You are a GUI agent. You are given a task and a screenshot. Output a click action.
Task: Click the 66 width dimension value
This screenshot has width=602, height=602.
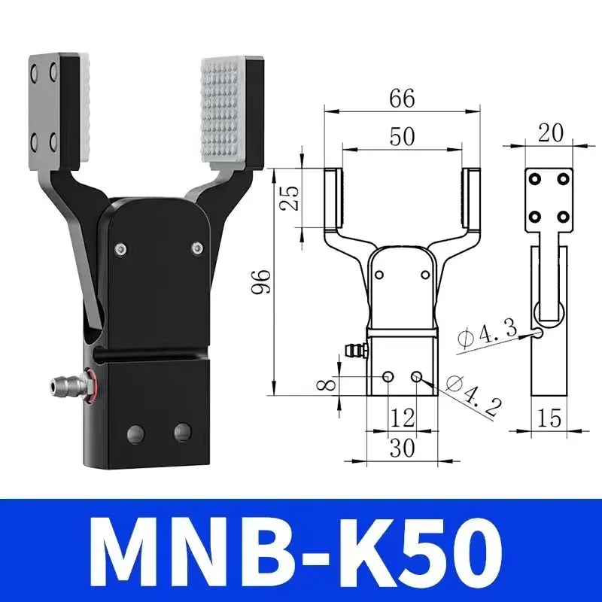point(403,98)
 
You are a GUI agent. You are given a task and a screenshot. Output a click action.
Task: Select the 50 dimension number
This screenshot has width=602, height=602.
point(403,136)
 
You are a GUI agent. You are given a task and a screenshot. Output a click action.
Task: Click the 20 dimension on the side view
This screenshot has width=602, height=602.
point(551,132)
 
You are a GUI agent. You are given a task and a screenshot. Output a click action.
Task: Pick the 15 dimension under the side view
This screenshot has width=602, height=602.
point(550,418)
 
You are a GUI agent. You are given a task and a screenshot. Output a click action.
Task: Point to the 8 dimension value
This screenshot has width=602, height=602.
point(325,384)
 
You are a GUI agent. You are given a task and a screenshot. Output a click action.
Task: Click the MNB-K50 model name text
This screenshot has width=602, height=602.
point(301,548)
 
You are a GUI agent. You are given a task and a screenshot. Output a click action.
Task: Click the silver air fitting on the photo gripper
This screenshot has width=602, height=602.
point(63,385)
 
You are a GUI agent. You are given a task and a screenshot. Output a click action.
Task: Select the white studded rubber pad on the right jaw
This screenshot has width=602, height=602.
point(227,113)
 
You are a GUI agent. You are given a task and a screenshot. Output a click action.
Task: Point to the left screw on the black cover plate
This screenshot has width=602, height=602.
point(120,249)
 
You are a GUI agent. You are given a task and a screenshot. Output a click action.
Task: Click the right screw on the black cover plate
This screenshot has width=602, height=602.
point(197,248)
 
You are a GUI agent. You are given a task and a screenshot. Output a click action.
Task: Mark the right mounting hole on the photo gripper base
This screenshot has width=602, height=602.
point(181,432)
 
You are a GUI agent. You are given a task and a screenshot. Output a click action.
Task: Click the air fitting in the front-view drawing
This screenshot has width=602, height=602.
point(352,349)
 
